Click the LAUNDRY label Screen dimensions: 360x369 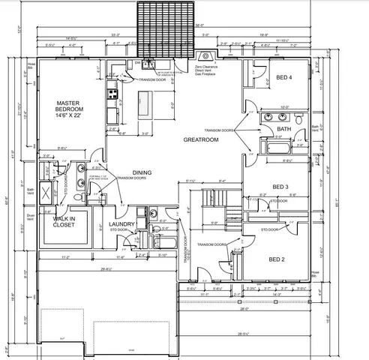coord(121,224)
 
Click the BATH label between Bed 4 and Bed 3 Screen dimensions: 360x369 coord(283,129)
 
